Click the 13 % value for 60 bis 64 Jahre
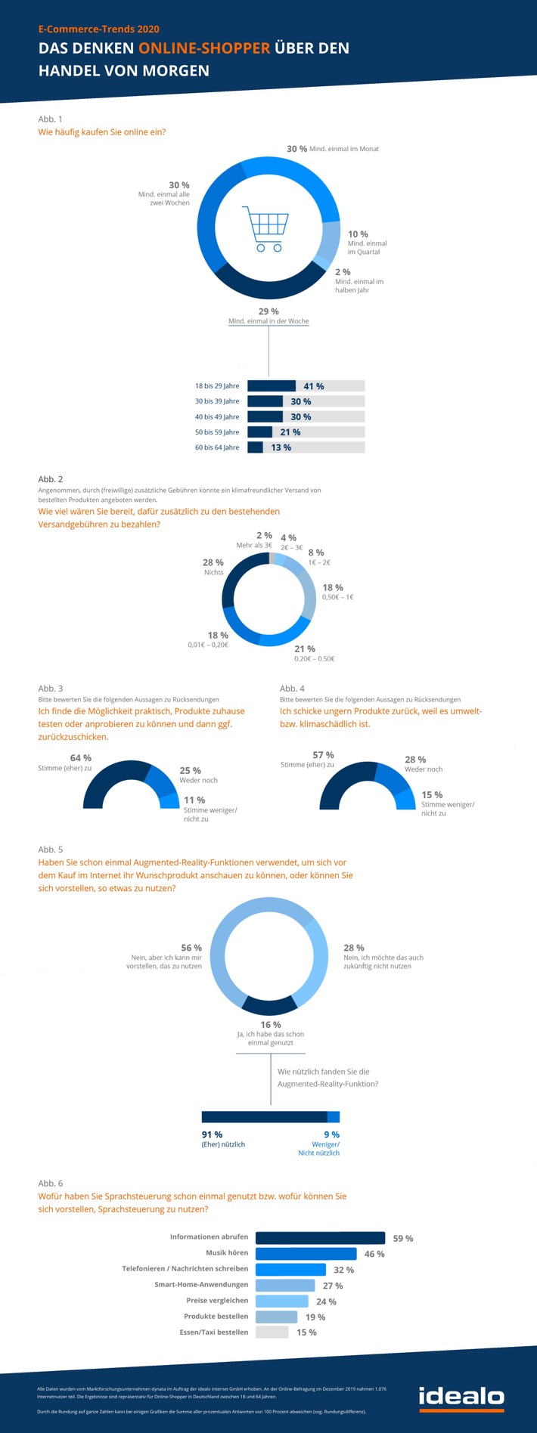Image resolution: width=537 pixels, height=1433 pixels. pyautogui.click(x=281, y=447)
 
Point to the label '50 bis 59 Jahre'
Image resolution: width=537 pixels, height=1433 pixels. pyautogui.click(x=217, y=432)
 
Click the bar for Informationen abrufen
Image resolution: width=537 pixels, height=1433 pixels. pyautogui.click(x=320, y=1237)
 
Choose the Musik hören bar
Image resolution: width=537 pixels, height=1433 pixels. pyautogui.click(x=306, y=1253)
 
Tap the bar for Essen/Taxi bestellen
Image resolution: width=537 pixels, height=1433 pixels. pyautogui.click(x=272, y=1332)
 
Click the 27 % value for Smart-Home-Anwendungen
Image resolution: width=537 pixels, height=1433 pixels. pyautogui.click(x=333, y=1286)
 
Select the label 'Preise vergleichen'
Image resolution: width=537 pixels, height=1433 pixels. pyautogui.click(x=217, y=1301)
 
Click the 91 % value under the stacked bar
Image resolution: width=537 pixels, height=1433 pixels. pyautogui.click(x=212, y=1134)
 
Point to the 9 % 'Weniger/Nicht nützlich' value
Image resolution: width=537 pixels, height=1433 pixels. pyautogui.click(x=331, y=1134)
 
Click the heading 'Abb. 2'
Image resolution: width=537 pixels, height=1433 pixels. pyautogui.click(x=51, y=479)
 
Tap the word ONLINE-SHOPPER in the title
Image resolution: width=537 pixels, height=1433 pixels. pyautogui.click(x=204, y=48)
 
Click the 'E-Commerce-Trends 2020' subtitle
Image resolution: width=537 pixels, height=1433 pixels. pyautogui.click(x=99, y=29)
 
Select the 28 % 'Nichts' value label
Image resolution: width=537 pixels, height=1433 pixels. pyautogui.click(x=213, y=562)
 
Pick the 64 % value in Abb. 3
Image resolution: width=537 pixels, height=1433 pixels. pyautogui.click(x=81, y=758)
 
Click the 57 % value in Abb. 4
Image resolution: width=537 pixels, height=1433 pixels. pyautogui.click(x=323, y=755)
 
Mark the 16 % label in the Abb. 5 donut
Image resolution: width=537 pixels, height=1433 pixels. pyautogui.click(x=271, y=1025)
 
